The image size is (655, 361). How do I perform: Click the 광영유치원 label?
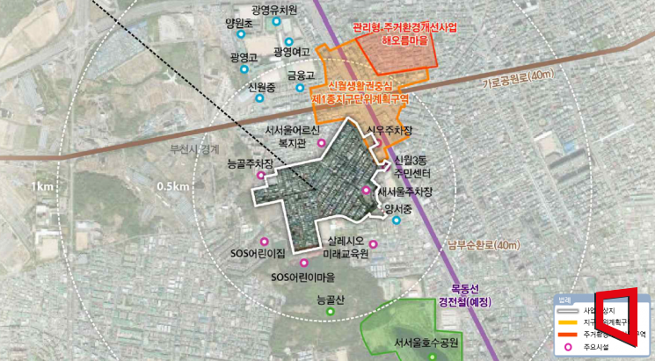[x=273, y=10]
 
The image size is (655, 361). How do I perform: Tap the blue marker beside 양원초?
[x=241, y=34]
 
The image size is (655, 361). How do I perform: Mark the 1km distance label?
[x=41, y=187]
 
